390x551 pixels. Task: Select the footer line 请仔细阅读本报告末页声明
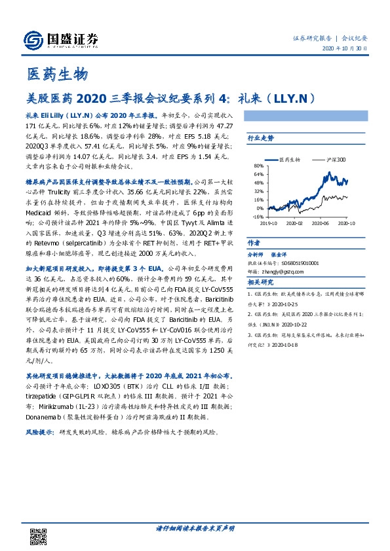click(195, 527)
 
